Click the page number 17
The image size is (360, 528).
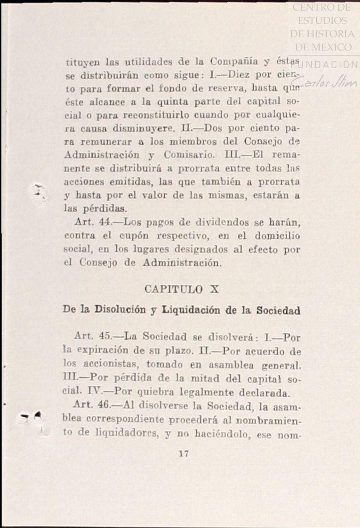coord(184,454)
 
